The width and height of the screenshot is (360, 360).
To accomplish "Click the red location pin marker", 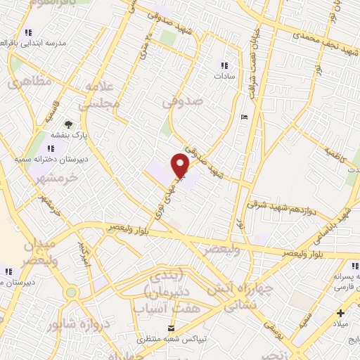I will point(180,165).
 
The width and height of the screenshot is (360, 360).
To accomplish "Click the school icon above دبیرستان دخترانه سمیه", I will point(50,148).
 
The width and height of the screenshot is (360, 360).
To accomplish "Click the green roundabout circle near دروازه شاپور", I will point(70,292).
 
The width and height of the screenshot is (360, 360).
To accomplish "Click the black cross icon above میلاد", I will point(341,312).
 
